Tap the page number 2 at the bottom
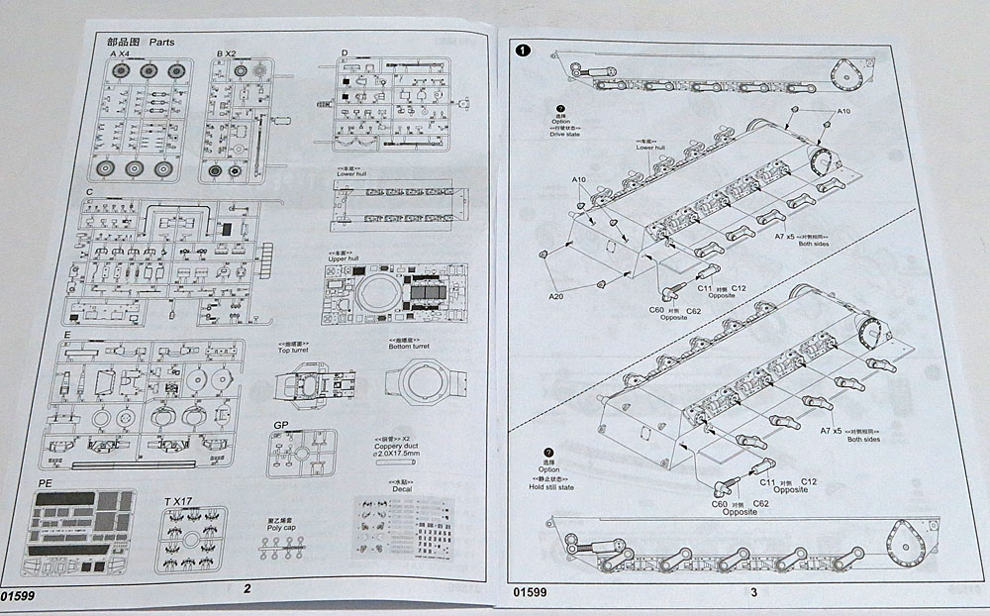[247, 590]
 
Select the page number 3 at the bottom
[754, 592]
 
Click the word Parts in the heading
[161, 43]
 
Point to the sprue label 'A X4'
[119, 55]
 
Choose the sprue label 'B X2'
[226, 52]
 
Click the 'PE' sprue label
[44, 482]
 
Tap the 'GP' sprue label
[280, 426]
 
